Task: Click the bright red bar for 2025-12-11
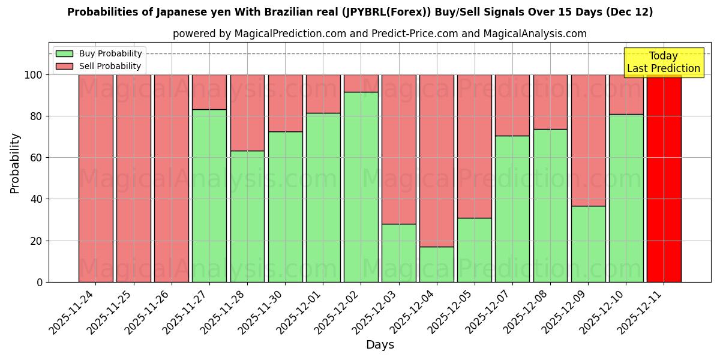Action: click(x=664, y=178)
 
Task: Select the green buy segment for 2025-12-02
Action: click(x=361, y=187)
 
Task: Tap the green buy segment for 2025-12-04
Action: click(x=437, y=264)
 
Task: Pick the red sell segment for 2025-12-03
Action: click(x=399, y=149)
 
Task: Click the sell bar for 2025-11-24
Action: click(x=96, y=178)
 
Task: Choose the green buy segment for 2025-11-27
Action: click(x=209, y=196)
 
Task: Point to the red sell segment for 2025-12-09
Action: click(x=588, y=140)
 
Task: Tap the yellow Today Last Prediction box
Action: click(x=663, y=62)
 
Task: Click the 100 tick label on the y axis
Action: click(x=32, y=75)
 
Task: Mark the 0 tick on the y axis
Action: click(x=40, y=283)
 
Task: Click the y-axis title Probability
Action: click(x=16, y=163)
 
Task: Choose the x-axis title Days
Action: click(x=380, y=345)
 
